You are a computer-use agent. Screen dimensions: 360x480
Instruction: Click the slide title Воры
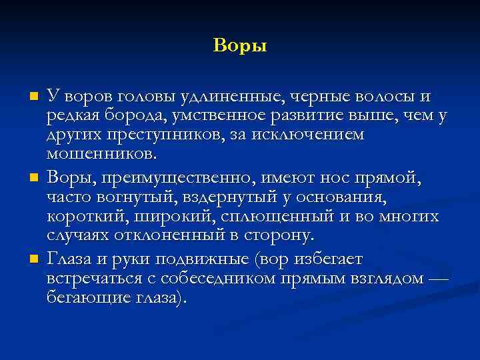point(240,46)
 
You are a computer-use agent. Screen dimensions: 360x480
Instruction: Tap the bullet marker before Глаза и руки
point(34,259)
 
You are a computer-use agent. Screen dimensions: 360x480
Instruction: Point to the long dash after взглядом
point(436,278)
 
